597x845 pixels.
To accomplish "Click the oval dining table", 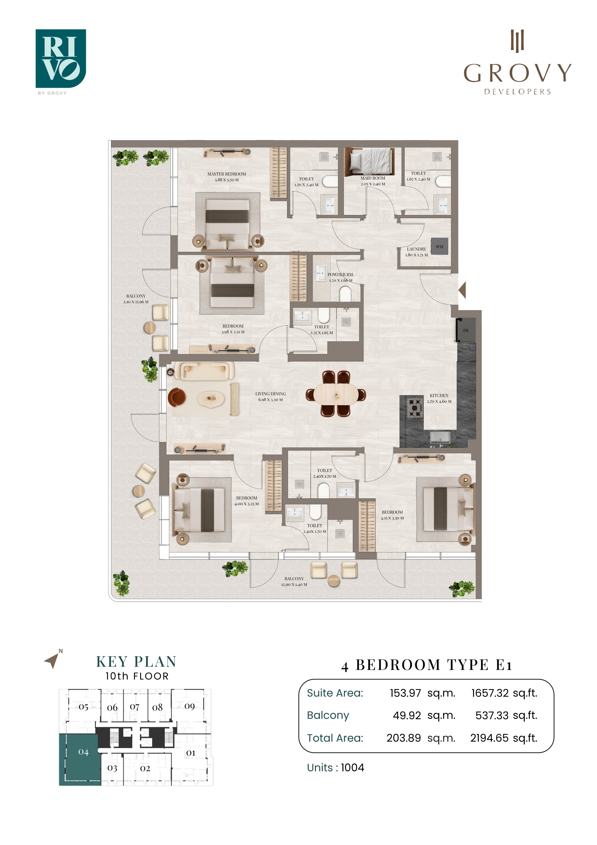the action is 336,395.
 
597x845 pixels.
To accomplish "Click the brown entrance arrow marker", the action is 462,290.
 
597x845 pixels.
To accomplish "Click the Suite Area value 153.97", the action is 405,693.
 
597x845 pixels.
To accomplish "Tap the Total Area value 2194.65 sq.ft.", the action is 504,738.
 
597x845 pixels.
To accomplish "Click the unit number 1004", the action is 352,767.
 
